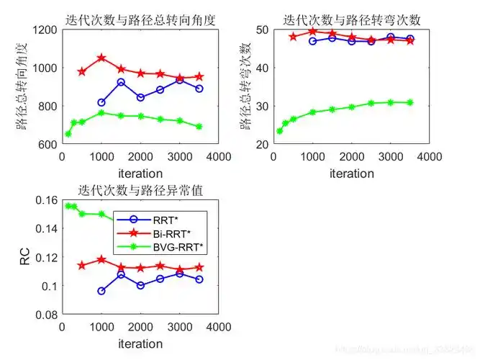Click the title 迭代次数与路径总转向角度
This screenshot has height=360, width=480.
click(142, 19)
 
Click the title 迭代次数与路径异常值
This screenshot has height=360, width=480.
click(141, 191)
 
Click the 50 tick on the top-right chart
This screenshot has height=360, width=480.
click(262, 30)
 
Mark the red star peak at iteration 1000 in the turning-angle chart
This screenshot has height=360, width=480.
click(101, 58)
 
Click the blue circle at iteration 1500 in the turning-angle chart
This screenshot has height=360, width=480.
click(121, 82)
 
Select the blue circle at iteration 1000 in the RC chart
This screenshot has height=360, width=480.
click(101, 291)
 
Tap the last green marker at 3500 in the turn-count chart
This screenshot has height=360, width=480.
click(410, 102)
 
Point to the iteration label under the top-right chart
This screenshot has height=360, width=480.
click(352, 174)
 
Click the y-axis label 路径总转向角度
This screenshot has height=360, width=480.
click(23, 86)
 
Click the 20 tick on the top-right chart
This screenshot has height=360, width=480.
click(262, 144)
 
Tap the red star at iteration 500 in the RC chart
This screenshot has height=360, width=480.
click(82, 266)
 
